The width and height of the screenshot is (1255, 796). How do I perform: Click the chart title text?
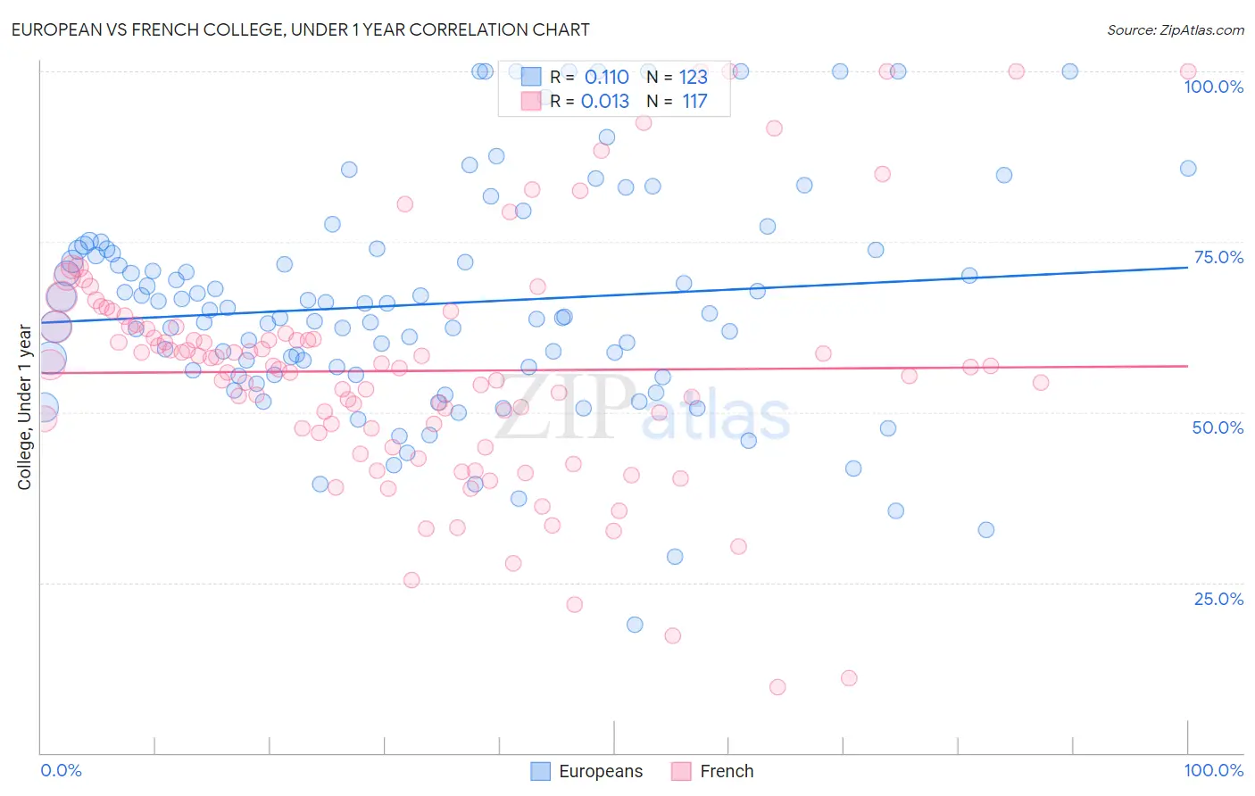coord(300,29)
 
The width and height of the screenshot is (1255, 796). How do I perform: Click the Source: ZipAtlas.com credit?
coord(1175,30)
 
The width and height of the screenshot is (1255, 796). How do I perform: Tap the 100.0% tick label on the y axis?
coord(1213,87)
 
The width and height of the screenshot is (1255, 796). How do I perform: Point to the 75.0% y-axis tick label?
coord(1218,257)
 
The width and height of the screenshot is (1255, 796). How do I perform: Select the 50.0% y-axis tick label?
coord(1218,427)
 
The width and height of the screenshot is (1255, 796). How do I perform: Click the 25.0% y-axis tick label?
coord(1218,599)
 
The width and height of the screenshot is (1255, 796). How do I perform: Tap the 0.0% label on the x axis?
coord(62,770)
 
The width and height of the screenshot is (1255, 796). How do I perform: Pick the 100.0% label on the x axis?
coord(1213,770)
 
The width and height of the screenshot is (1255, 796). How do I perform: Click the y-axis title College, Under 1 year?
coord(25,408)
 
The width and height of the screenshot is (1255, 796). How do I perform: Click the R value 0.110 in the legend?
coord(606,77)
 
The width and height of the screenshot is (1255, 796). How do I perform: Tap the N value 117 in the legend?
coord(694,101)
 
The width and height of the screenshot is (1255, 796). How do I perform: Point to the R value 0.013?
coord(605,101)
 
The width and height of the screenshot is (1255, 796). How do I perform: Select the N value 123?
coord(693,77)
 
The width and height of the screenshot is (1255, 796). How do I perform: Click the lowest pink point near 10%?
coord(777,686)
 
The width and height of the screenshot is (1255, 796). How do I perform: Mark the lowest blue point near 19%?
coord(635,625)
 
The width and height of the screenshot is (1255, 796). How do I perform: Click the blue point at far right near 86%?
coord(1188,169)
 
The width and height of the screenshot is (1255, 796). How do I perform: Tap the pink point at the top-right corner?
coord(1188,71)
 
